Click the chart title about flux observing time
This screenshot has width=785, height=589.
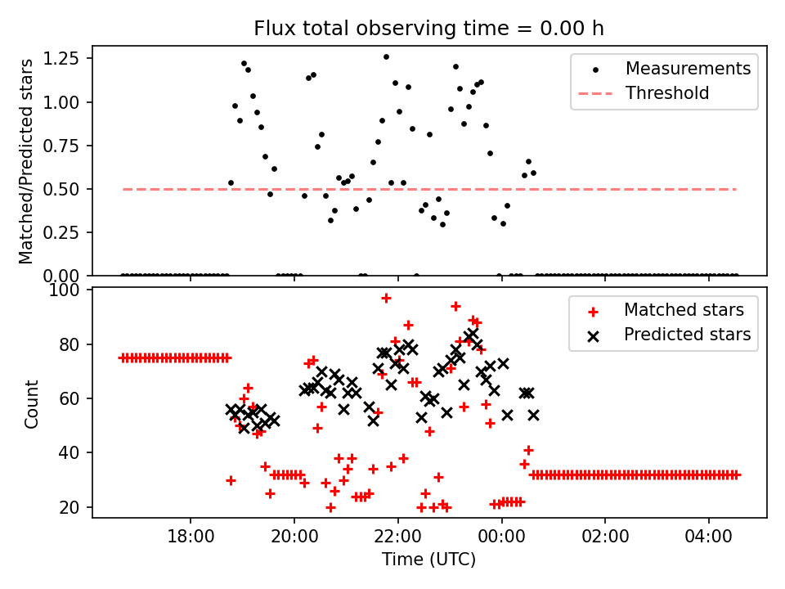(428, 29)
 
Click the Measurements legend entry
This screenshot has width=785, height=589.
(688, 69)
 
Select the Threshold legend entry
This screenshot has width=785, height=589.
(667, 93)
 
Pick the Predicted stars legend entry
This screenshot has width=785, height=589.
(688, 335)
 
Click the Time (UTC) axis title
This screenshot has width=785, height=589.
(428, 560)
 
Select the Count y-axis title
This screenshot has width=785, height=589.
(32, 403)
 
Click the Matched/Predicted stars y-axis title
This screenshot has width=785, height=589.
(26, 161)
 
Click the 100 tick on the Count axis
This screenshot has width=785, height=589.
(70, 290)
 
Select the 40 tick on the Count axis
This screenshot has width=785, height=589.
(73, 453)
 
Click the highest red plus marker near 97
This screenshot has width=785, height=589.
(386, 298)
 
